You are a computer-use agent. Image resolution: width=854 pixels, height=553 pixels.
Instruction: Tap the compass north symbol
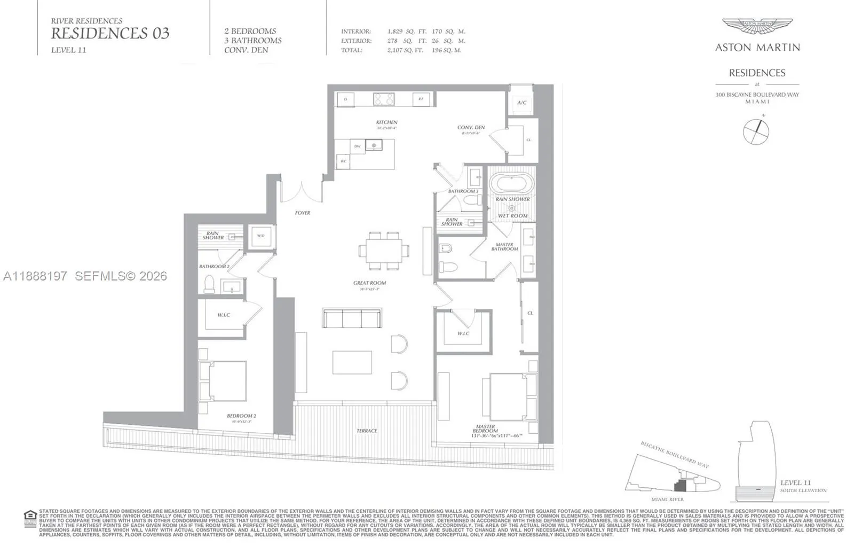click(756, 131)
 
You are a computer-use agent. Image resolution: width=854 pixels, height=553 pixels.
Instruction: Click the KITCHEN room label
click(386, 122)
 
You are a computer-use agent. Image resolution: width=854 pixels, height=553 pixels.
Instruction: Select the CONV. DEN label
click(471, 128)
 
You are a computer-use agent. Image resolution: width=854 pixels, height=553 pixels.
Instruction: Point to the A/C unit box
click(521, 103)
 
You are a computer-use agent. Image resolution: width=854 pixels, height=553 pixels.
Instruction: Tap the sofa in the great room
click(352, 318)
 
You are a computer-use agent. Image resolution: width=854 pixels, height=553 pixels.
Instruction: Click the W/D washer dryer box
click(261, 236)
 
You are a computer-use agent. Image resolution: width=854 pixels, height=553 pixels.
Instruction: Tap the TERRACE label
click(367, 431)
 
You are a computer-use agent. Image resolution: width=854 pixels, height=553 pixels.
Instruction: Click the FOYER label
click(303, 213)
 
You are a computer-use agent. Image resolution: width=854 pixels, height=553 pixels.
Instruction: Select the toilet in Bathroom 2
click(209, 284)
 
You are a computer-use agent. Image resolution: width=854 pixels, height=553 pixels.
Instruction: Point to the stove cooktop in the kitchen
click(383, 99)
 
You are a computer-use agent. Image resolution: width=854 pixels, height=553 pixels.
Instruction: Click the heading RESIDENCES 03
click(110, 33)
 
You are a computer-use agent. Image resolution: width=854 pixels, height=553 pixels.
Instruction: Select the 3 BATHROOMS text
click(252, 41)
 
